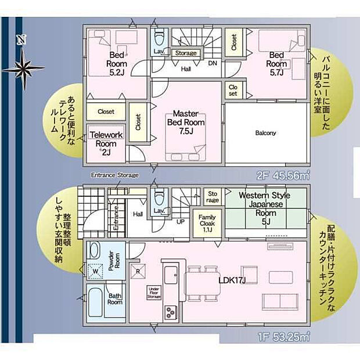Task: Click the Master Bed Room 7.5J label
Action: tap(186, 123)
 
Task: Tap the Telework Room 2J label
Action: tap(106, 143)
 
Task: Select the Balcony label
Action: tap(265, 133)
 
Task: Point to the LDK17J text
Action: tap(232, 280)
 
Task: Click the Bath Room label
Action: tap(114, 298)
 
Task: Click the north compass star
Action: tap(23, 68)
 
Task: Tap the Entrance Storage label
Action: tap(114, 175)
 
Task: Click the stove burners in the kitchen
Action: tap(171, 310)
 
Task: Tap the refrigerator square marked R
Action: tap(138, 270)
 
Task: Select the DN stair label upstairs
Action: tap(213, 63)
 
